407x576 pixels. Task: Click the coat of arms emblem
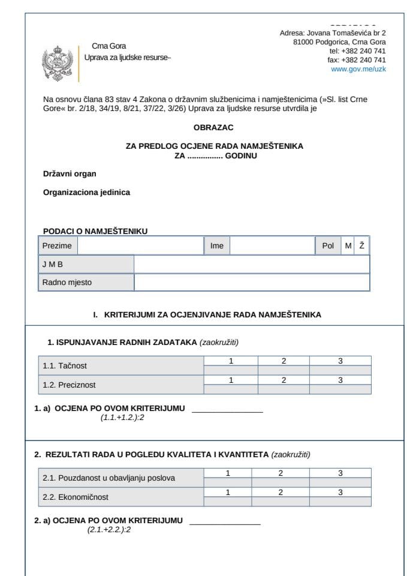(x=59, y=62)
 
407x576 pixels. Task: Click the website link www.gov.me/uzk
(x=358, y=69)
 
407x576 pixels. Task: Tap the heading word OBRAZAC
(x=213, y=128)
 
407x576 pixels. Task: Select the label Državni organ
(x=70, y=174)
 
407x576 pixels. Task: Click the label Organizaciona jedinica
(x=86, y=193)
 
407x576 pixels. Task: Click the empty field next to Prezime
(x=141, y=246)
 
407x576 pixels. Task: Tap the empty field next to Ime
(x=272, y=246)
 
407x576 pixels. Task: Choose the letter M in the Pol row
(x=348, y=246)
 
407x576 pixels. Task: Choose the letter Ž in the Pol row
(x=362, y=246)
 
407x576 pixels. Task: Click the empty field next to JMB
(x=251, y=264)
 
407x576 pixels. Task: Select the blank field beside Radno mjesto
(x=251, y=282)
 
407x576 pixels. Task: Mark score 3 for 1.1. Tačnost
(x=340, y=361)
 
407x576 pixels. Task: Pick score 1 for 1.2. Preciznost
(x=231, y=380)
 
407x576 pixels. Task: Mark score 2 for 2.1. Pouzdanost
(x=281, y=473)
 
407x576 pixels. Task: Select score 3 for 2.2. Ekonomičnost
(x=340, y=493)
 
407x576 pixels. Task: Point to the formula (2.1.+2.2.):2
(x=109, y=529)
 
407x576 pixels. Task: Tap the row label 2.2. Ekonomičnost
(x=76, y=497)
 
